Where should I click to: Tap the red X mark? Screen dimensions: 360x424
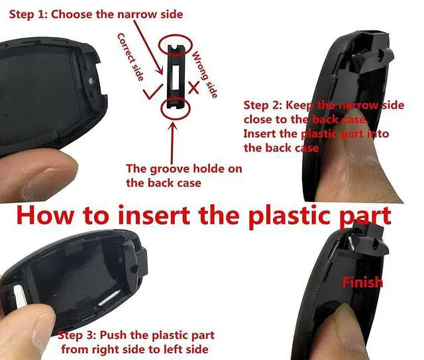point(193,87)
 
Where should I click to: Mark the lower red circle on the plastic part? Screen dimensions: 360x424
point(175,105)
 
